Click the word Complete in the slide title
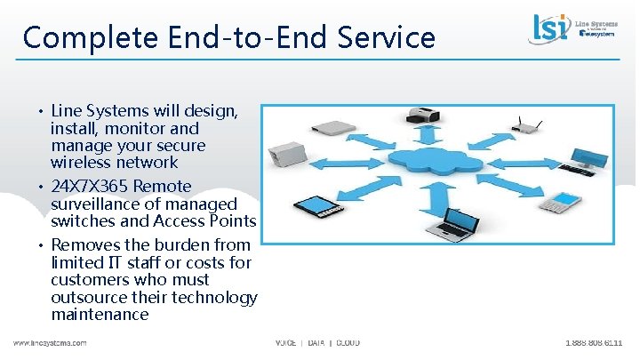pos(83,38)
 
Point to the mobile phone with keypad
pos(557,202)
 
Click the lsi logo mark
pos(552,27)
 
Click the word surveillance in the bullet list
pos(94,204)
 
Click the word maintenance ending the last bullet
pos(100,315)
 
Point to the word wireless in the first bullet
pos(80,163)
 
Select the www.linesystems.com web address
pos(50,343)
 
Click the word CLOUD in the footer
pos(348,343)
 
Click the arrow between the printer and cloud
pos(429,136)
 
